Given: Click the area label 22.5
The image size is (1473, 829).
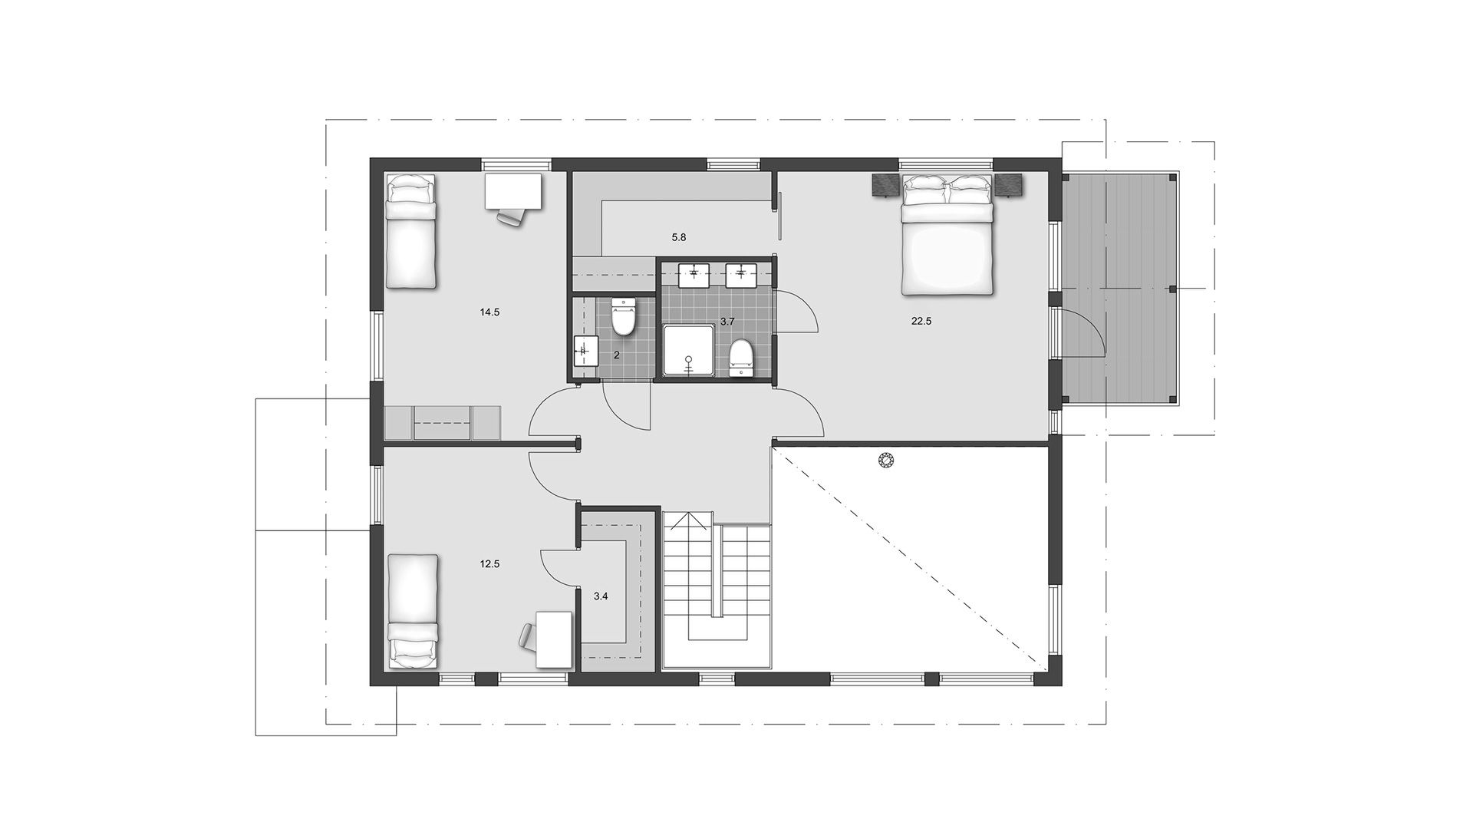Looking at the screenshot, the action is click(921, 322).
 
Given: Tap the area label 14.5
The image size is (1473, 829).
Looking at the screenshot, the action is click(489, 312).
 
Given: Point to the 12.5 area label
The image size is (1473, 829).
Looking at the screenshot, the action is click(489, 563).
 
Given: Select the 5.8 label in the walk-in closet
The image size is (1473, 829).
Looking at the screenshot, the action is click(678, 238).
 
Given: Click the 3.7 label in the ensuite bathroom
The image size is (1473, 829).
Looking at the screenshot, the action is click(727, 321).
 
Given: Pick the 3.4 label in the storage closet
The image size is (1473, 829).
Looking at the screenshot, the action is click(601, 596).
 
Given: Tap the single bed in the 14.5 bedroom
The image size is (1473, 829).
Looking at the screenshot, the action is click(410, 230).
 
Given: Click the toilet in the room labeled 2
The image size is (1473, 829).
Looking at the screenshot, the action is click(622, 317).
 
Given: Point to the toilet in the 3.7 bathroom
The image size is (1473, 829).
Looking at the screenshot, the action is click(740, 358).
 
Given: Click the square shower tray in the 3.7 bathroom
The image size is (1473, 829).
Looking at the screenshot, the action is click(689, 351).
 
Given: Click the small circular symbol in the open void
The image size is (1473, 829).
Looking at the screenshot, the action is click(886, 461).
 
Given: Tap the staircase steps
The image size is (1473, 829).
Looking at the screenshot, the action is click(717, 583).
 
